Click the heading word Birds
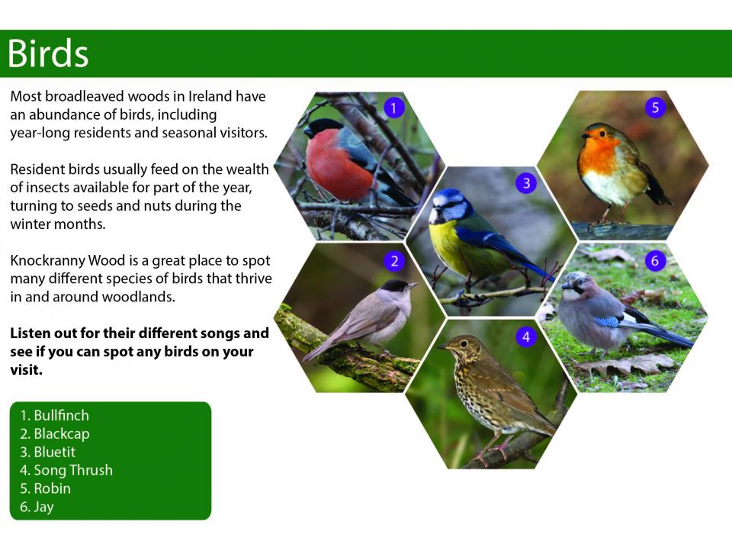(x=47, y=53)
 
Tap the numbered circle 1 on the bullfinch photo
(x=393, y=108)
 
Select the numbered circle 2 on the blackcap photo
(x=394, y=260)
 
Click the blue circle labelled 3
(x=526, y=182)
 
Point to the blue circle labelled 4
(x=526, y=337)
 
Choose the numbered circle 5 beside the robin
(x=655, y=108)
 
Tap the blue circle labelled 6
(x=654, y=260)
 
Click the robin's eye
(x=602, y=134)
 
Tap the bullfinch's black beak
(x=307, y=132)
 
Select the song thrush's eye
(x=464, y=343)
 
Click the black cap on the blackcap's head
(x=394, y=285)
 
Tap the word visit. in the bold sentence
(x=26, y=370)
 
